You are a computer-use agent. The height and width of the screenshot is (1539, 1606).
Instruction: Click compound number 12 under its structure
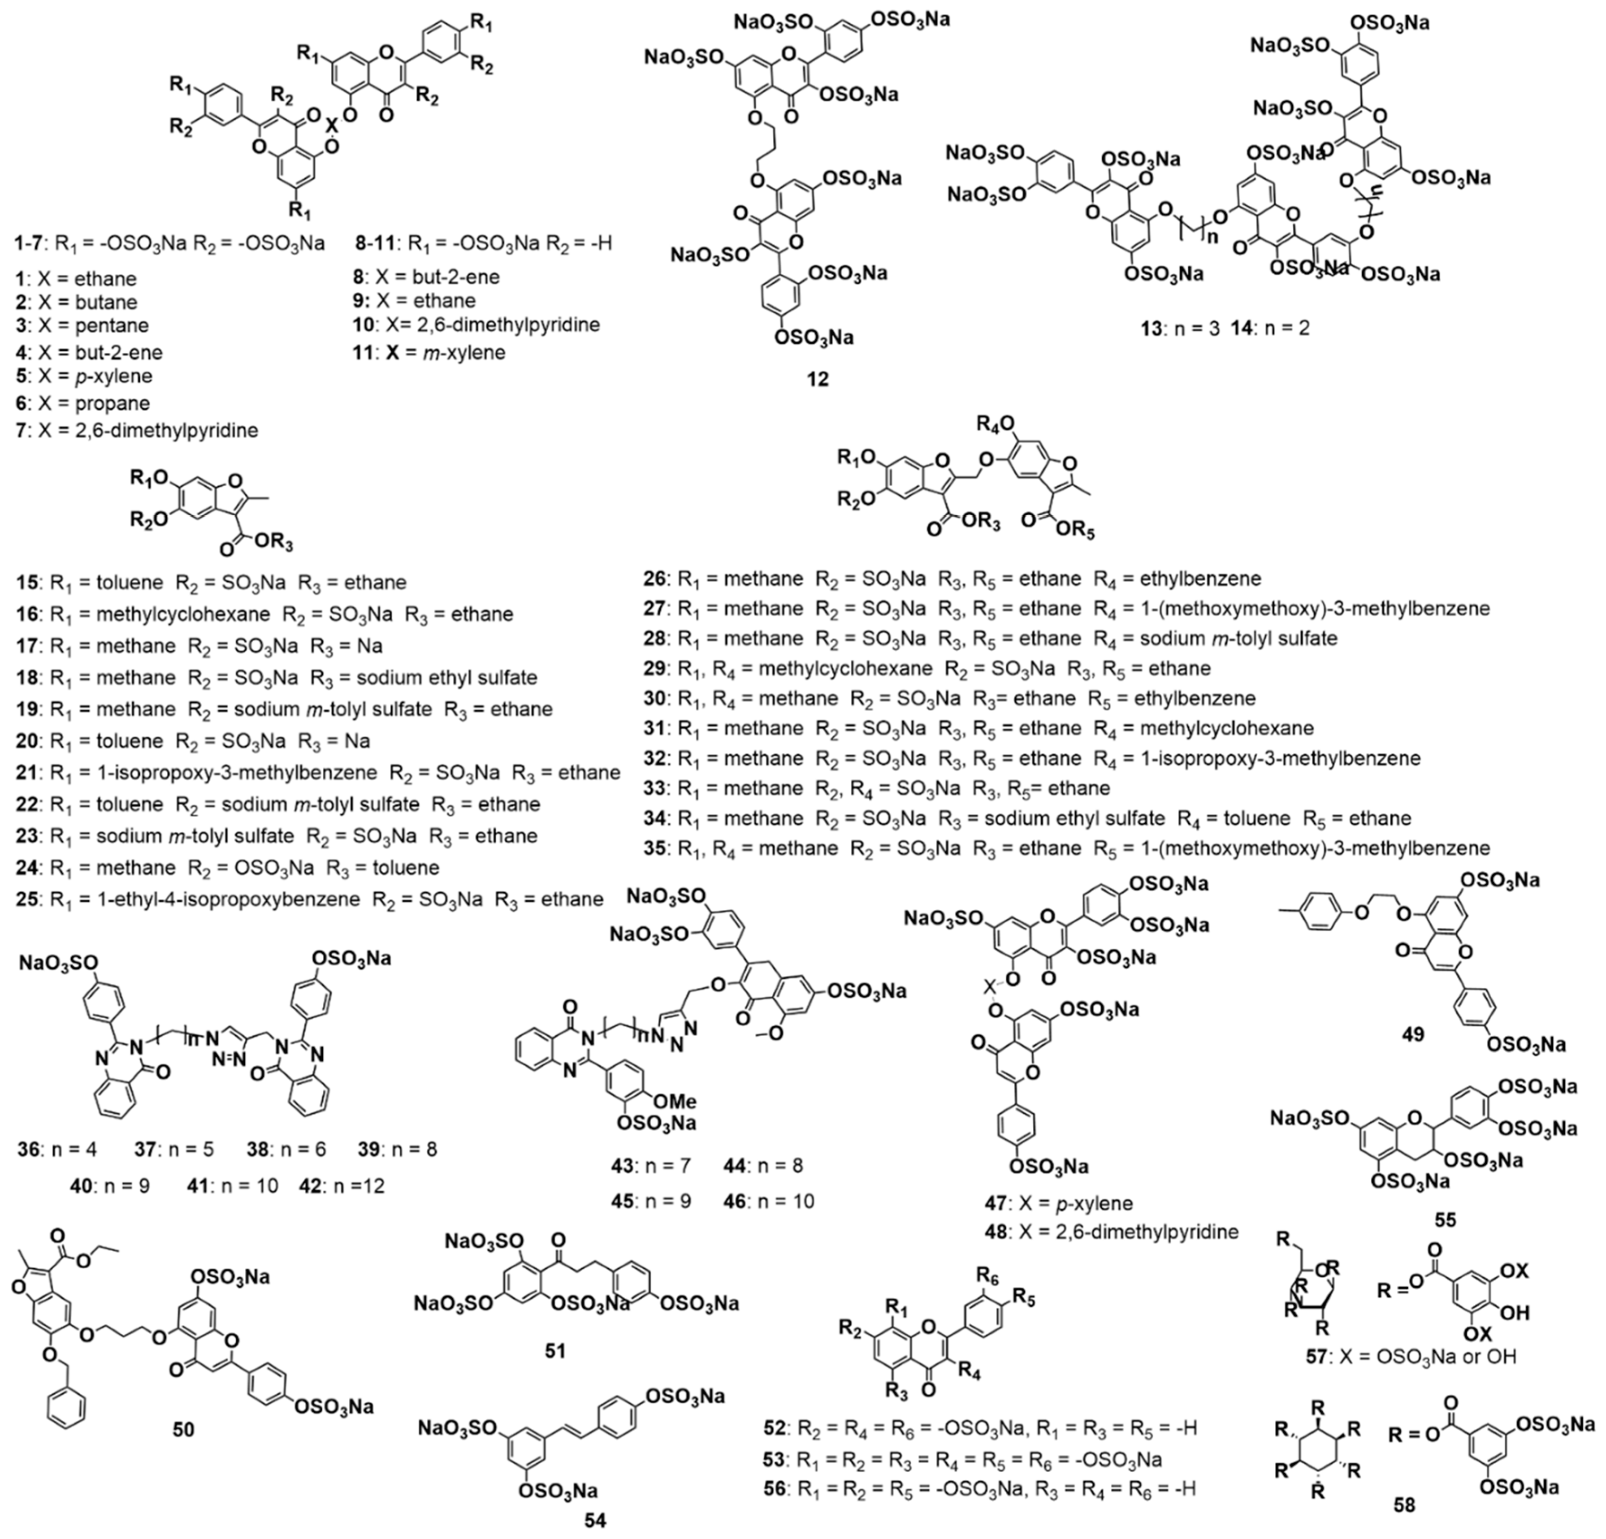818,379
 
